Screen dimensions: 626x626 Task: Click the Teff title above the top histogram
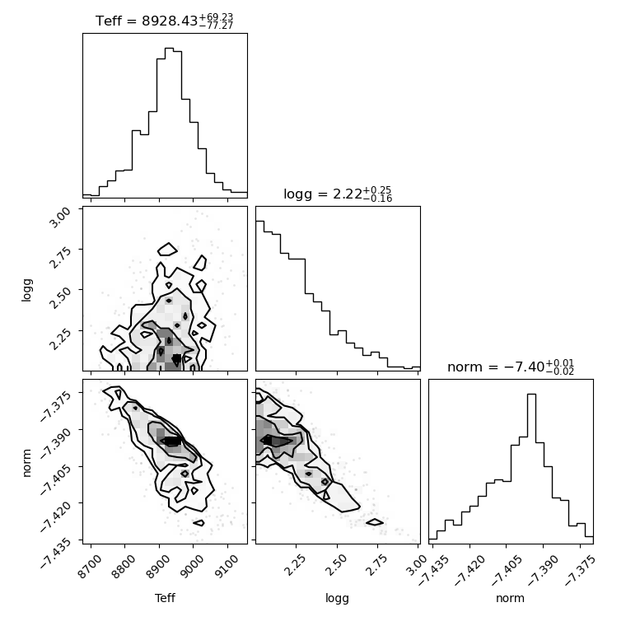pyautogui.click(x=165, y=21)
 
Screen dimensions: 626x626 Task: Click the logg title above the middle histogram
pyautogui.click(x=338, y=194)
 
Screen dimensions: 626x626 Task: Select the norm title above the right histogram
pyautogui.click(x=511, y=367)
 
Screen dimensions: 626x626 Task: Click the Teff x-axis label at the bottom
pyautogui.click(x=165, y=598)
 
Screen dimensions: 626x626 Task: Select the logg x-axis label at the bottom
pyautogui.click(x=338, y=598)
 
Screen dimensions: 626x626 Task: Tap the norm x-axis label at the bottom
pyautogui.click(x=510, y=598)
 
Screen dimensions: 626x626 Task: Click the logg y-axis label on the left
pyautogui.click(x=26, y=290)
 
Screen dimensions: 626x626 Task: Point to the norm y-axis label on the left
pyautogui.click(x=26, y=463)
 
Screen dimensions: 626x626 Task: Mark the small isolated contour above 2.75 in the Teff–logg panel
pyautogui.click(x=168, y=249)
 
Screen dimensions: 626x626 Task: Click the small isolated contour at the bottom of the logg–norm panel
pyautogui.click(x=375, y=521)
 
